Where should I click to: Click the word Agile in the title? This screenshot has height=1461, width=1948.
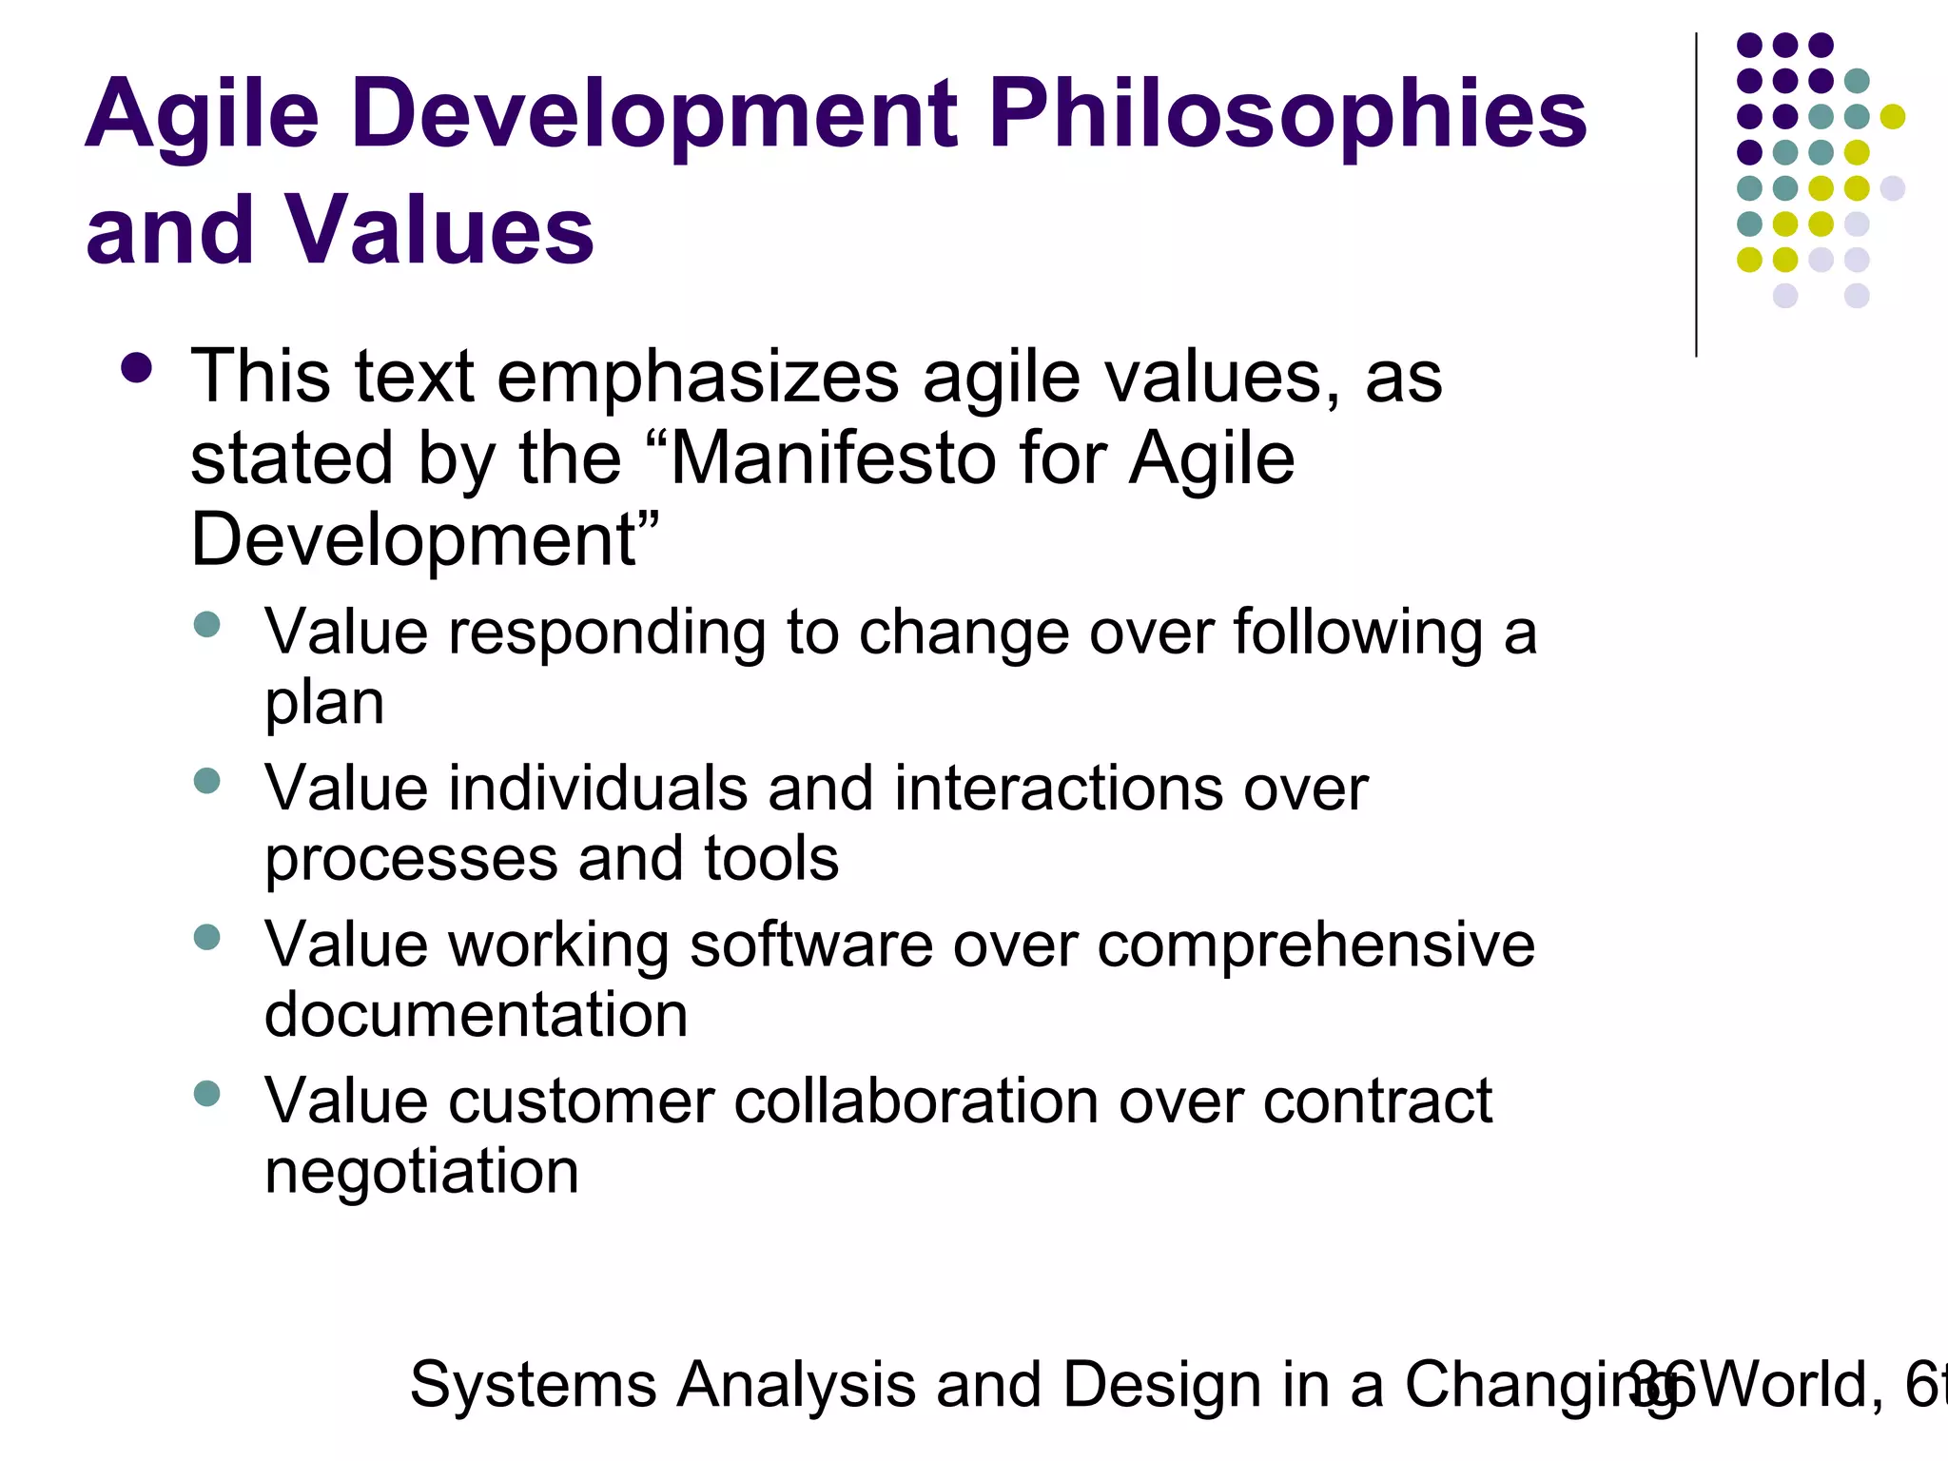point(202,116)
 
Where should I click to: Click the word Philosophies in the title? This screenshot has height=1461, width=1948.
point(1288,116)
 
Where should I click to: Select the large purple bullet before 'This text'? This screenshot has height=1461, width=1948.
point(137,369)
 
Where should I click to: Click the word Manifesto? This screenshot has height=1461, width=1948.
point(836,459)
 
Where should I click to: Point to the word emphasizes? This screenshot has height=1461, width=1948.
point(698,378)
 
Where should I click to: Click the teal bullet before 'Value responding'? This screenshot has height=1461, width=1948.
point(206,625)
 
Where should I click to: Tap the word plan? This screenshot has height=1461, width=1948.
point(324,703)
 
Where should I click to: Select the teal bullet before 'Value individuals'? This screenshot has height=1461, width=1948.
point(206,781)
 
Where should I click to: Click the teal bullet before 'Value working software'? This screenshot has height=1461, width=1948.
point(206,937)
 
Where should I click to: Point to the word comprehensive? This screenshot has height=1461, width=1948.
point(1315,945)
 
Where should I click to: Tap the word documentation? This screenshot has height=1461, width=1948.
point(476,1015)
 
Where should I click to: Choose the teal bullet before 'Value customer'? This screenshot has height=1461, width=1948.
point(206,1094)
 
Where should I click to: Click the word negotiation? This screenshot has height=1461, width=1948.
point(421,1172)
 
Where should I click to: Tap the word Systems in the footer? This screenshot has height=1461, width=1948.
point(533,1385)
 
